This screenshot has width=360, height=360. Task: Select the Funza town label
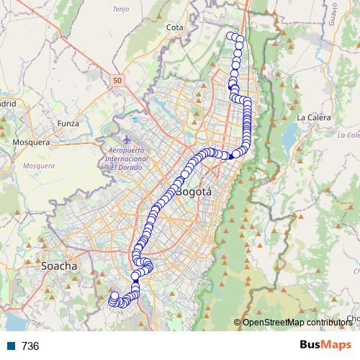68,123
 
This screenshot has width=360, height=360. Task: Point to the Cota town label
174,27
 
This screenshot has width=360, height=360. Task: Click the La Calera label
312,117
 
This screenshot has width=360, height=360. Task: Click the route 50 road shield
118,81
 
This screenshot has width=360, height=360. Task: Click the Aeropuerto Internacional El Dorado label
125,158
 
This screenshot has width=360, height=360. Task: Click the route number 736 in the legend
30,346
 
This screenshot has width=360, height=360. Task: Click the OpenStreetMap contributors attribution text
297,322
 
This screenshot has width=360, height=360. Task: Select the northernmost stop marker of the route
231,36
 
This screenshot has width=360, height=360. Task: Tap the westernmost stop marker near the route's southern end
113,296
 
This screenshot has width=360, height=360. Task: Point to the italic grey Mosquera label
39,166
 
